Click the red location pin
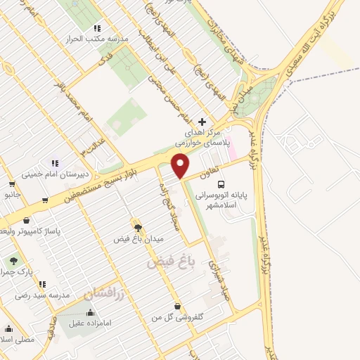(181, 165)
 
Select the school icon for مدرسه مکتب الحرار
(96, 29)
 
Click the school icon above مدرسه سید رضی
(43, 285)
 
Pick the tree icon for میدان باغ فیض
(138, 228)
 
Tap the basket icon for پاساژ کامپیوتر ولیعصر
(26, 221)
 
